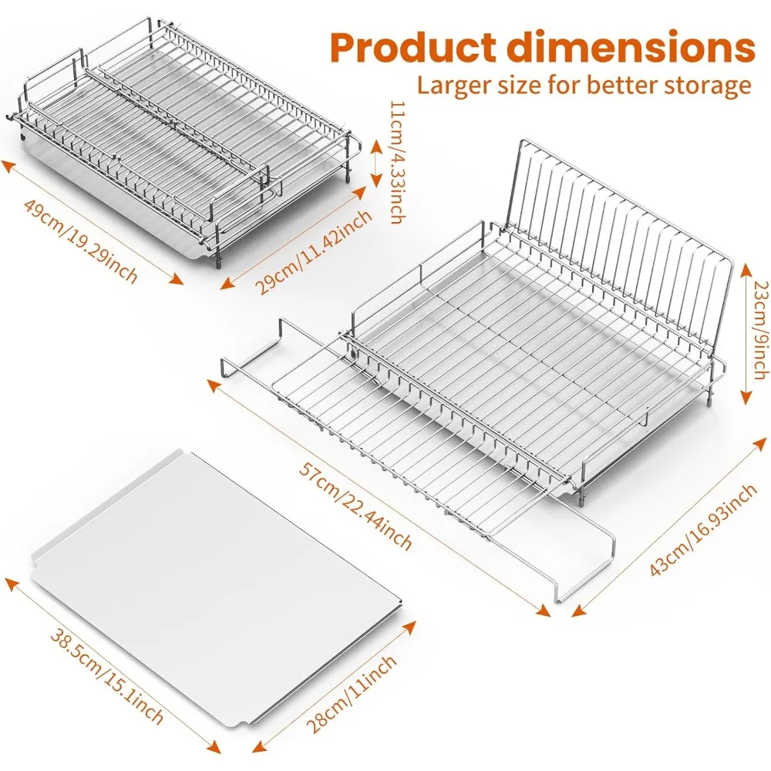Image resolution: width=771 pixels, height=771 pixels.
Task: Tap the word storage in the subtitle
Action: pyautogui.click(x=708, y=86)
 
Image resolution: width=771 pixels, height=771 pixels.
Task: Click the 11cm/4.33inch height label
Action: pyautogui.click(x=397, y=162)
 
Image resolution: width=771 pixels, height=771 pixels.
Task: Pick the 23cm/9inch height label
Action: pyautogui.click(x=761, y=331)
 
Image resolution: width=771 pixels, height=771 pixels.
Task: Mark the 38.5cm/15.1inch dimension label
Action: pyautogui.click(x=106, y=676)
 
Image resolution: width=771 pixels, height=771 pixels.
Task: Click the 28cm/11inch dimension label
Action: pyautogui.click(x=352, y=694)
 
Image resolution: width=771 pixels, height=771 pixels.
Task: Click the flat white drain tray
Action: pyautogui.click(x=217, y=584)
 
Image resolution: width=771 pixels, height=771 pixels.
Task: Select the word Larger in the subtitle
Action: pyautogui.click(x=452, y=86)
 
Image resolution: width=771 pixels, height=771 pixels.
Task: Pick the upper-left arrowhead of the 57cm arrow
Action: pyautogui.click(x=214, y=385)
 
